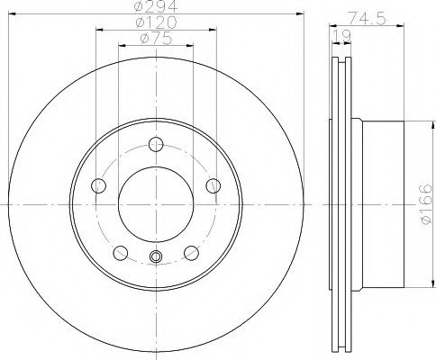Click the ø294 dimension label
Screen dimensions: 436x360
click(156, 6)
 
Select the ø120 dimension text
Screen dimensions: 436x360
click(156, 22)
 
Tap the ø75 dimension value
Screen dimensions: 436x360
click(156, 39)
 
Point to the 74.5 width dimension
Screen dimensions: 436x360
click(367, 19)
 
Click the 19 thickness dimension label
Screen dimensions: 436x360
click(341, 36)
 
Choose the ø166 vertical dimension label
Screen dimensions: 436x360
click(426, 204)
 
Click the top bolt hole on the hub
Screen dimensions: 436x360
click(156, 144)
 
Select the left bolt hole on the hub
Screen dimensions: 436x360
click(98, 185)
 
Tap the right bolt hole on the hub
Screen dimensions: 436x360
click(213, 185)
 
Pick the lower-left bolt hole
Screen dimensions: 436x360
click(121, 253)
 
